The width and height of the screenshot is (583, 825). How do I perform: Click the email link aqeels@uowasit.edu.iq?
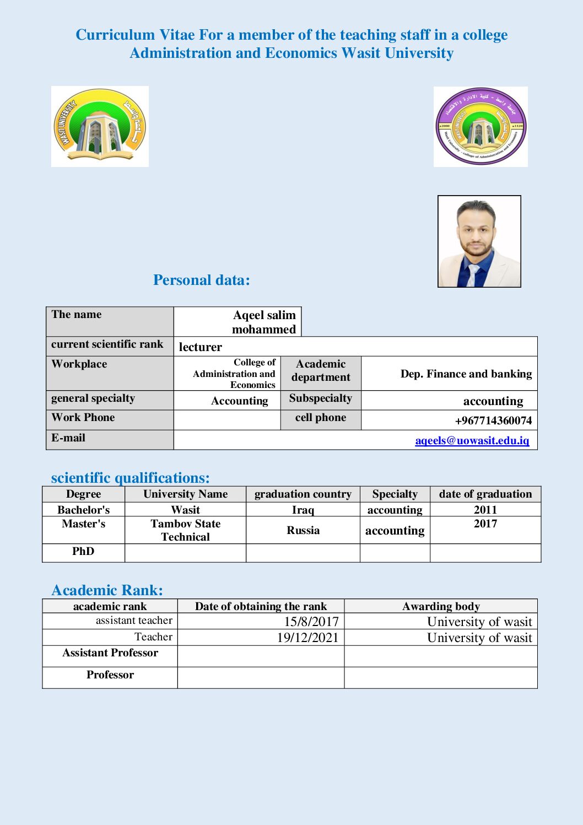pos(472,440)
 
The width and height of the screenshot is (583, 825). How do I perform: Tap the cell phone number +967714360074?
pos(493,420)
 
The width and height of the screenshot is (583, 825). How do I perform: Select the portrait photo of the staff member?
pos(479,241)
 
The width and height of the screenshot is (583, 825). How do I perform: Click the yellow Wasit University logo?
pos(100,126)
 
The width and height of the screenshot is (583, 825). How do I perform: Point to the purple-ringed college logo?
pos(481,126)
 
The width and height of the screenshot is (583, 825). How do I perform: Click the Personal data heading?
pos(201,280)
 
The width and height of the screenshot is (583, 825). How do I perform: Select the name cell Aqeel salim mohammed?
pos(264,322)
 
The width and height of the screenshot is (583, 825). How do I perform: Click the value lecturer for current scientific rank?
pos(201,347)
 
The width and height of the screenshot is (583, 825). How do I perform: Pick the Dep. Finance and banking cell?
pos(466,374)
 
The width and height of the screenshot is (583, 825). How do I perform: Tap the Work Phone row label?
pos(83,418)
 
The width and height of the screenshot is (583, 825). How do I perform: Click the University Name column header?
pos(185,494)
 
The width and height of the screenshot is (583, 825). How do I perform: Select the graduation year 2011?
pos(485,510)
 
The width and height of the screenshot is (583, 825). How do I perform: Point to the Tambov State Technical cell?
pos(185,530)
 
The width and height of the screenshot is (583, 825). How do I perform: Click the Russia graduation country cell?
pos(303,530)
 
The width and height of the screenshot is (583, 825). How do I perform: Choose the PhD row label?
pos(83,552)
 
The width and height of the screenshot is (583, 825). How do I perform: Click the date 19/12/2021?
pos(307,638)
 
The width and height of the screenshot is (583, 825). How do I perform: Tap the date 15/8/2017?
pos(311,622)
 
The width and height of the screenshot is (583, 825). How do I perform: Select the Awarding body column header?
pos(441,606)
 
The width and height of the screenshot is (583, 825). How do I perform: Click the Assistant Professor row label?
pos(110,653)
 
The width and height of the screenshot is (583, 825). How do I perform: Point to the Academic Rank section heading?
pos(107,590)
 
